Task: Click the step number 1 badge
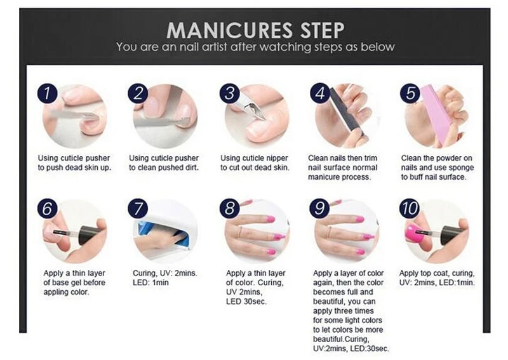[x=47, y=93]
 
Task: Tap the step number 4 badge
[x=320, y=93]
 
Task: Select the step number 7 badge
[x=138, y=208]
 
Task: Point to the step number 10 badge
[x=410, y=208]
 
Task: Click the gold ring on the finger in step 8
[x=240, y=232]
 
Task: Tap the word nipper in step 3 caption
[x=275, y=158]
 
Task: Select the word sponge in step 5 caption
[x=461, y=168]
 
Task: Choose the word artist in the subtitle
[x=215, y=47]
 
